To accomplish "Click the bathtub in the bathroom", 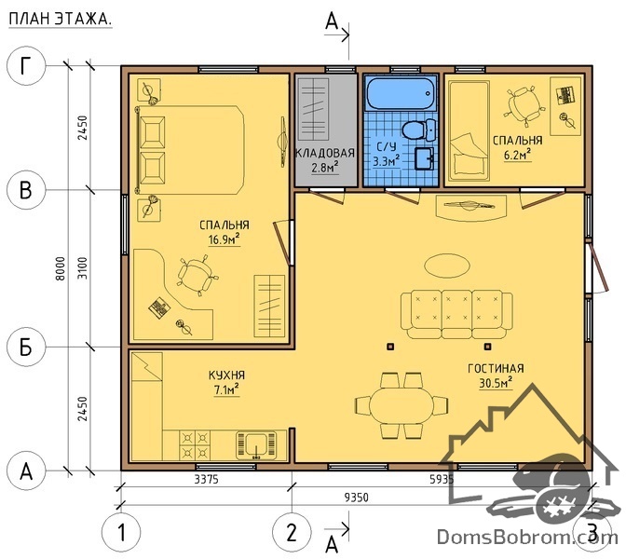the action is point(401,93).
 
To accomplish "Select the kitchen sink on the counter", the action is point(257,444).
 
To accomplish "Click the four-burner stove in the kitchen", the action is point(195,444).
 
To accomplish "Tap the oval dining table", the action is point(401,405).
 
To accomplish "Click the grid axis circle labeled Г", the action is point(26,66).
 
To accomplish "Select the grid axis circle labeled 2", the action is point(292,532).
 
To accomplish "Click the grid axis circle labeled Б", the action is point(26,347).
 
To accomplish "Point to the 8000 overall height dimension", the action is point(60,268).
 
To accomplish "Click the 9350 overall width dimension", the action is point(357,498).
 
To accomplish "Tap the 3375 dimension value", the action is point(207,479).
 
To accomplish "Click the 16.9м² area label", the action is point(224,239).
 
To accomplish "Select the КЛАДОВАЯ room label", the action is point(325,153).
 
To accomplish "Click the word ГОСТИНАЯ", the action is point(496,368).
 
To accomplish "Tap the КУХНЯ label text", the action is point(226,375).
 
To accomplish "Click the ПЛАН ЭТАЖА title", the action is point(60,20).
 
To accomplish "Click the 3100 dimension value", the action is point(82,268).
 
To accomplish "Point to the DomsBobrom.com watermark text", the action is point(527,537).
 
